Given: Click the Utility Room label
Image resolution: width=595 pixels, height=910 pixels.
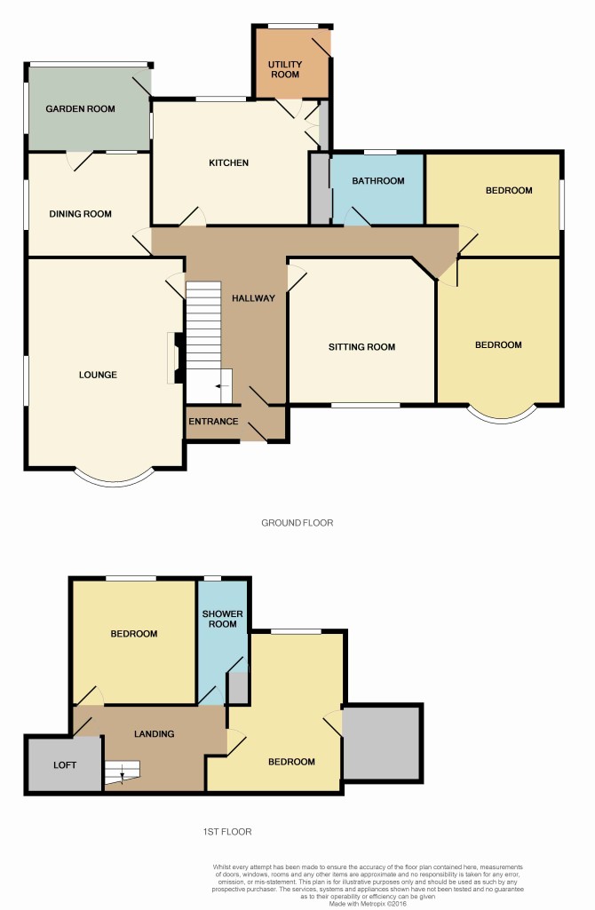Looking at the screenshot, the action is (x=285, y=69).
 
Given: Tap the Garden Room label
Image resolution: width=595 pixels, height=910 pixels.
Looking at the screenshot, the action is (x=80, y=108).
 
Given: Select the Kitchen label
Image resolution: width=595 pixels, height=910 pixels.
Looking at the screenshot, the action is (x=229, y=162).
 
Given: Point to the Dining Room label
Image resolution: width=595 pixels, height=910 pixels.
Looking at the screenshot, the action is (x=80, y=214).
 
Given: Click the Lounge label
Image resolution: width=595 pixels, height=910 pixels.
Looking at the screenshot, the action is (x=98, y=375).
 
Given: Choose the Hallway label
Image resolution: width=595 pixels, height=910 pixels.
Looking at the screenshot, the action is (x=253, y=297).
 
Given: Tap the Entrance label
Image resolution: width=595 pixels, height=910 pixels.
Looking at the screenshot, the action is (x=213, y=421).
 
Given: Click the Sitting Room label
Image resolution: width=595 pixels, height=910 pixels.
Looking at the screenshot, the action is (x=361, y=346).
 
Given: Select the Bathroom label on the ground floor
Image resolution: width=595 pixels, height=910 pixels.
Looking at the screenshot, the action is (x=378, y=180).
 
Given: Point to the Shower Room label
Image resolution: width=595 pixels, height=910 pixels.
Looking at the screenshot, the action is (x=222, y=619).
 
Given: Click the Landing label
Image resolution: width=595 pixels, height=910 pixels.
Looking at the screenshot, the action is (x=154, y=733).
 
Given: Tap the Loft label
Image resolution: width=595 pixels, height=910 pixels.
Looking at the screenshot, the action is (x=65, y=765).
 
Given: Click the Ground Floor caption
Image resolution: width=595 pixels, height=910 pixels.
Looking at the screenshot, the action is (x=297, y=522).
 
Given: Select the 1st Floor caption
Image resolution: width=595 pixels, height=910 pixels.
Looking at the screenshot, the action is (x=227, y=831).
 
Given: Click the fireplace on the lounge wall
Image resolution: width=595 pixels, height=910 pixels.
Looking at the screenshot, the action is (x=177, y=358).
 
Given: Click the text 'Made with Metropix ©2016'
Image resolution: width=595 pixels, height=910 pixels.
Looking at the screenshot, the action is (x=368, y=903).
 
